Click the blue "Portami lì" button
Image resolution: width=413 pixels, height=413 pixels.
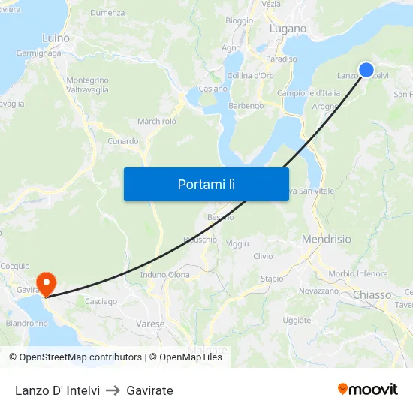point(206,184)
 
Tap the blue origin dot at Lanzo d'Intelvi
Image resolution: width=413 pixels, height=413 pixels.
point(366,70)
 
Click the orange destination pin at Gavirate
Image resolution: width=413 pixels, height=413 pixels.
point(47,284)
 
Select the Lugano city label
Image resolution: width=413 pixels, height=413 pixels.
point(288,29)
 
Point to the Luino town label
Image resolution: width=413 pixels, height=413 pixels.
point(56,38)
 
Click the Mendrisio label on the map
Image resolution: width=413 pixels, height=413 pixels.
point(326,239)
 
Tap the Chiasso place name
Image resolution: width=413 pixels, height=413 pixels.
point(372,295)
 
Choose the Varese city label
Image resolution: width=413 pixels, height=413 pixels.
point(150,324)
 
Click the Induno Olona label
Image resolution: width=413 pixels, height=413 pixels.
point(165,275)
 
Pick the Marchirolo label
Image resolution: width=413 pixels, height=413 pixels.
point(157,121)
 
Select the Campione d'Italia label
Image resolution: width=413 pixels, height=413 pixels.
point(309,93)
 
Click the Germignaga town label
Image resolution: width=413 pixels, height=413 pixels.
point(38,53)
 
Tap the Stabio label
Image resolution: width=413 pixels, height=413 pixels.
point(272,279)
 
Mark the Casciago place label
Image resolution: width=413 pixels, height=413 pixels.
point(101,301)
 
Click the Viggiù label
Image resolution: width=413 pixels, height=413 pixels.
point(237,244)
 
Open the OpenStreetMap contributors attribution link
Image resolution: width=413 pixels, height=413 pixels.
point(75,357)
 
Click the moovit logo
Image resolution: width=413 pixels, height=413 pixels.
point(367,390)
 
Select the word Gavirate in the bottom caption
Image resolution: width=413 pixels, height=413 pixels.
point(149,390)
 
